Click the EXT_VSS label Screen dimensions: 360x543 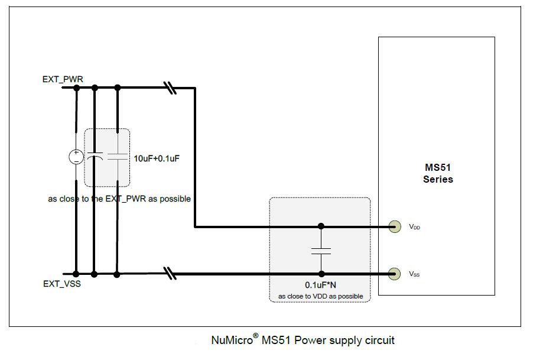pyautogui.click(x=62, y=284)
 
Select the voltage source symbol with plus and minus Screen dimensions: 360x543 pyautogui.click(x=76, y=157)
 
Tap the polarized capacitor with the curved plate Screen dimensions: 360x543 pyautogui.click(x=94, y=157)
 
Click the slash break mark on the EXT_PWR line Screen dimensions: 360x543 pyautogui.click(x=170, y=88)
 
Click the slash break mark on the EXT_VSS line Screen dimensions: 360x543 pyautogui.click(x=170, y=274)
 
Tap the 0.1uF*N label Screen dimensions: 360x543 pyautogui.click(x=320, y=284)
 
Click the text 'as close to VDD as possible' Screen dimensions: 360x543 pyautogui.click(x=320, y=296)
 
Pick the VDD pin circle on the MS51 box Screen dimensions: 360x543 pyautogui.click(x=394, y=226)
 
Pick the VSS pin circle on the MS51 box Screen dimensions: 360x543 pyautogui.click(x=394, y=274)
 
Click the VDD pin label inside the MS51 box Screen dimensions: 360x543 pyautogui.click(x=414, y=227)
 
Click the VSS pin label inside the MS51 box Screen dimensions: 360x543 pyautogui.click(x=414, y=274)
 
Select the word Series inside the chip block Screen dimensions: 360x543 pyautogui.click(x=438, y=179)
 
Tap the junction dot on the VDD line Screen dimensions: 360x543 pyautogui.click(x=321, y=226)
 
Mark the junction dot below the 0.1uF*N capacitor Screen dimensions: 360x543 pyautogui.click(x=321, y=274)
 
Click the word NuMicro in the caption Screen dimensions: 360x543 pyautogui.click(x=232, y=340)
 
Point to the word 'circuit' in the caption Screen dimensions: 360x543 pyautogui.click(x=378, y=340)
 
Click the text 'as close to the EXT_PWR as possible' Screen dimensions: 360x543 pyautogui.click(x=119, y=199)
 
